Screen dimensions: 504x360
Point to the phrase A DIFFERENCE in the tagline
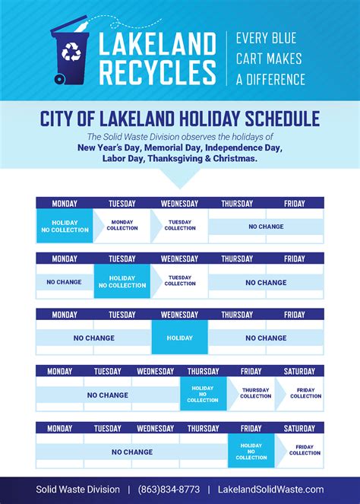(x=270, y=79)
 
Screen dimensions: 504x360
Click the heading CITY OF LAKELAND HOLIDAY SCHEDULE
(x=179, y=119)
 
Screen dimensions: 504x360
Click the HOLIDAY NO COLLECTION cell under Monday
(x=64, y=227)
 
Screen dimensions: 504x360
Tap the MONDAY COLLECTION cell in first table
(x=122, y=227)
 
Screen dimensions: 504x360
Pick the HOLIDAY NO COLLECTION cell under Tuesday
(x=122, y=282)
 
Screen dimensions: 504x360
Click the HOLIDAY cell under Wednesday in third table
(x=180, y=338)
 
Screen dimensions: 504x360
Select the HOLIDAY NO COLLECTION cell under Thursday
(x=203, y=395)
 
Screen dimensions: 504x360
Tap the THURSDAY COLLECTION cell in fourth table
(x=255, y=395)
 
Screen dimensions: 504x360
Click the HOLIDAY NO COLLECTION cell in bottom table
(x=251, y=451)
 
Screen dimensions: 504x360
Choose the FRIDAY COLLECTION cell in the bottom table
(x=305, y=451)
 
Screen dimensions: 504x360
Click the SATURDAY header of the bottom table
(x=298, y=428)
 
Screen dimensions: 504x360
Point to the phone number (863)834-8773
(x=173, y=490)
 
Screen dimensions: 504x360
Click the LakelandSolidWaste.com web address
(x=270, y=490)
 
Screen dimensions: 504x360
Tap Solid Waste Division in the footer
(x=77, y=490)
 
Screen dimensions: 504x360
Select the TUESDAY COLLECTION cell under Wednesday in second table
(x=180, y=282)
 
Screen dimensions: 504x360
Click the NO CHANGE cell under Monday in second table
(x=64, y=282)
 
